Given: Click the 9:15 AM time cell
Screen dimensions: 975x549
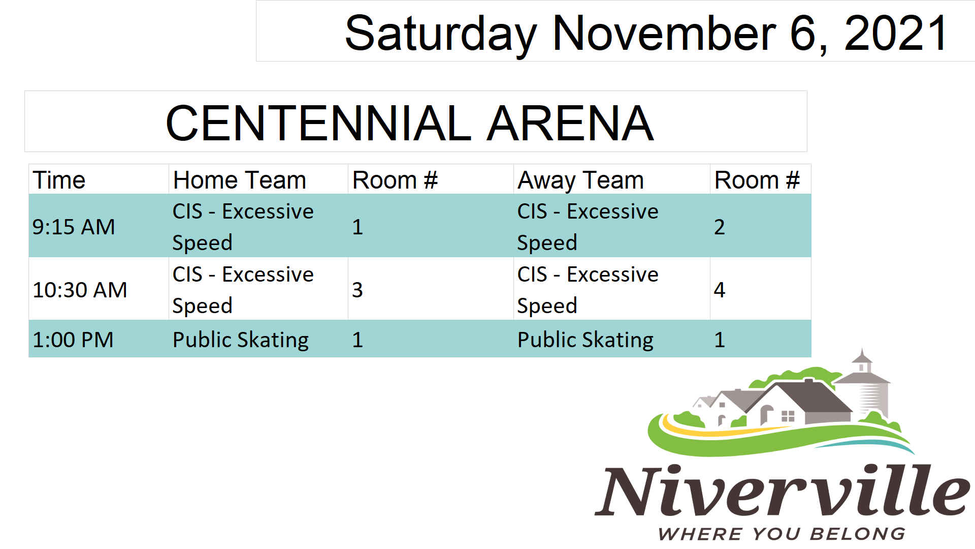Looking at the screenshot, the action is pyautogui.click(x=74, y=227).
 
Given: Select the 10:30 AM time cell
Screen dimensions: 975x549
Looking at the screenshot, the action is pyautogui.click(x=80, y=290).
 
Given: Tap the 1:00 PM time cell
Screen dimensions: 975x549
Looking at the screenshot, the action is pyautogui.click(x=73, y=340).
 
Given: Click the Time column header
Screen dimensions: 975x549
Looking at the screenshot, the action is pyautogui.click(x=59, y=180).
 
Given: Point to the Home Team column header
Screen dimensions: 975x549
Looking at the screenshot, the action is pyautogui.click(x=239, y=180).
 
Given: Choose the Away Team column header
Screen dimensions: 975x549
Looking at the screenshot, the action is pyautogui.click(x=580, y=180).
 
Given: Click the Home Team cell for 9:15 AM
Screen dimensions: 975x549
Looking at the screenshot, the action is pyautogui.click(x=243, y=227).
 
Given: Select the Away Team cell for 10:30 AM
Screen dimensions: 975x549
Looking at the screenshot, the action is pyautogui.click(x=588, y=290).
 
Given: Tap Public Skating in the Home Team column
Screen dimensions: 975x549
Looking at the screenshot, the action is pyautogui.click(x=241, y=340).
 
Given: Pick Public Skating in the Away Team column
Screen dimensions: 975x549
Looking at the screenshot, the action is pyautogui.click(x=586, y=340).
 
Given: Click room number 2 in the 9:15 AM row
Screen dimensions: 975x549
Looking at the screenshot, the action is pyautogui.click(x=719, y=227).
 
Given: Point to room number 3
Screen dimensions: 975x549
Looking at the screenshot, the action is pyautogui.click(x=357, y=290).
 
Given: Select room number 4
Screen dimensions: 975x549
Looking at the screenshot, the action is pyautogui.click(x=720, y=290).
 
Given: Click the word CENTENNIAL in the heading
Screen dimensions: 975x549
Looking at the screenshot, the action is pyautogui.click(x=319, y=123).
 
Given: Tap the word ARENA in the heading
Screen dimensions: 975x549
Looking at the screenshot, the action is pyautogui.click(x=570, y=123).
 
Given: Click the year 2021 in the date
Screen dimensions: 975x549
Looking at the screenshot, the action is pyautogui.click(x=896, y=33).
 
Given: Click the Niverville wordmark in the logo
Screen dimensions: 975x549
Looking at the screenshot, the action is pyautogui.click(x=783, y=490).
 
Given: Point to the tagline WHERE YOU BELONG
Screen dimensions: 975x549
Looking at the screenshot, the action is pyautogui.click(x=782, y=534).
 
